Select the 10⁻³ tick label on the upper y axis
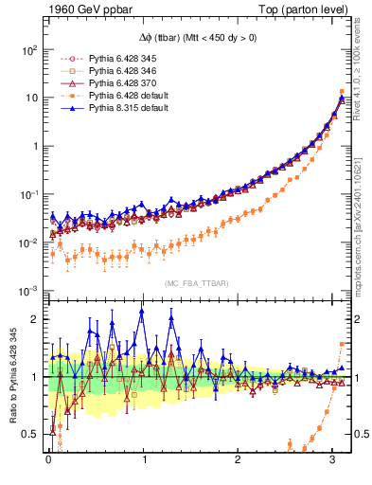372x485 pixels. (28, 291)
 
